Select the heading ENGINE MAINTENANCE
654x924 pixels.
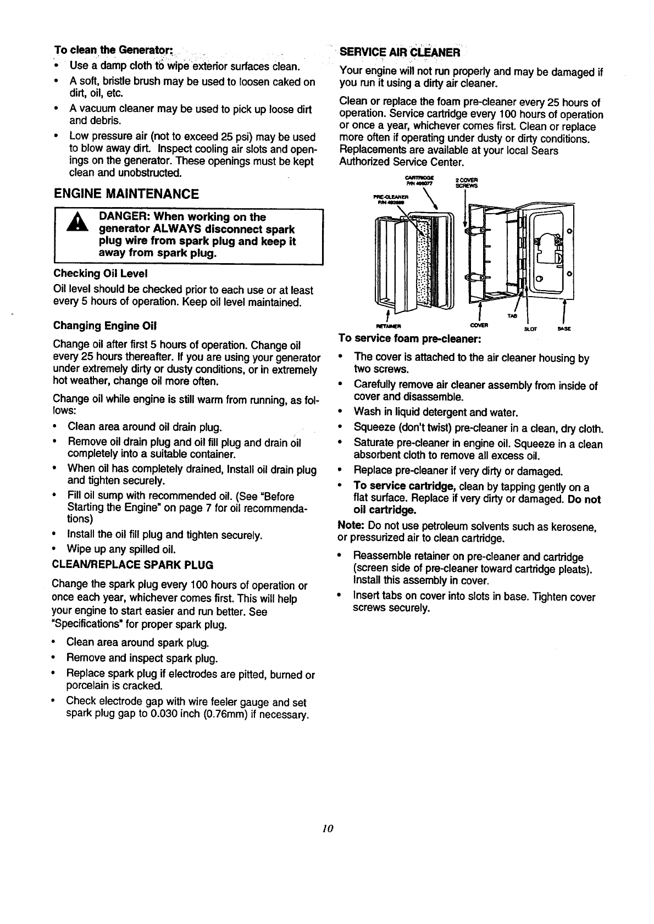point(126,193)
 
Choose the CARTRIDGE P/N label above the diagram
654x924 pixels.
point(419,180)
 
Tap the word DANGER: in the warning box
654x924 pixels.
point(124,217)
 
